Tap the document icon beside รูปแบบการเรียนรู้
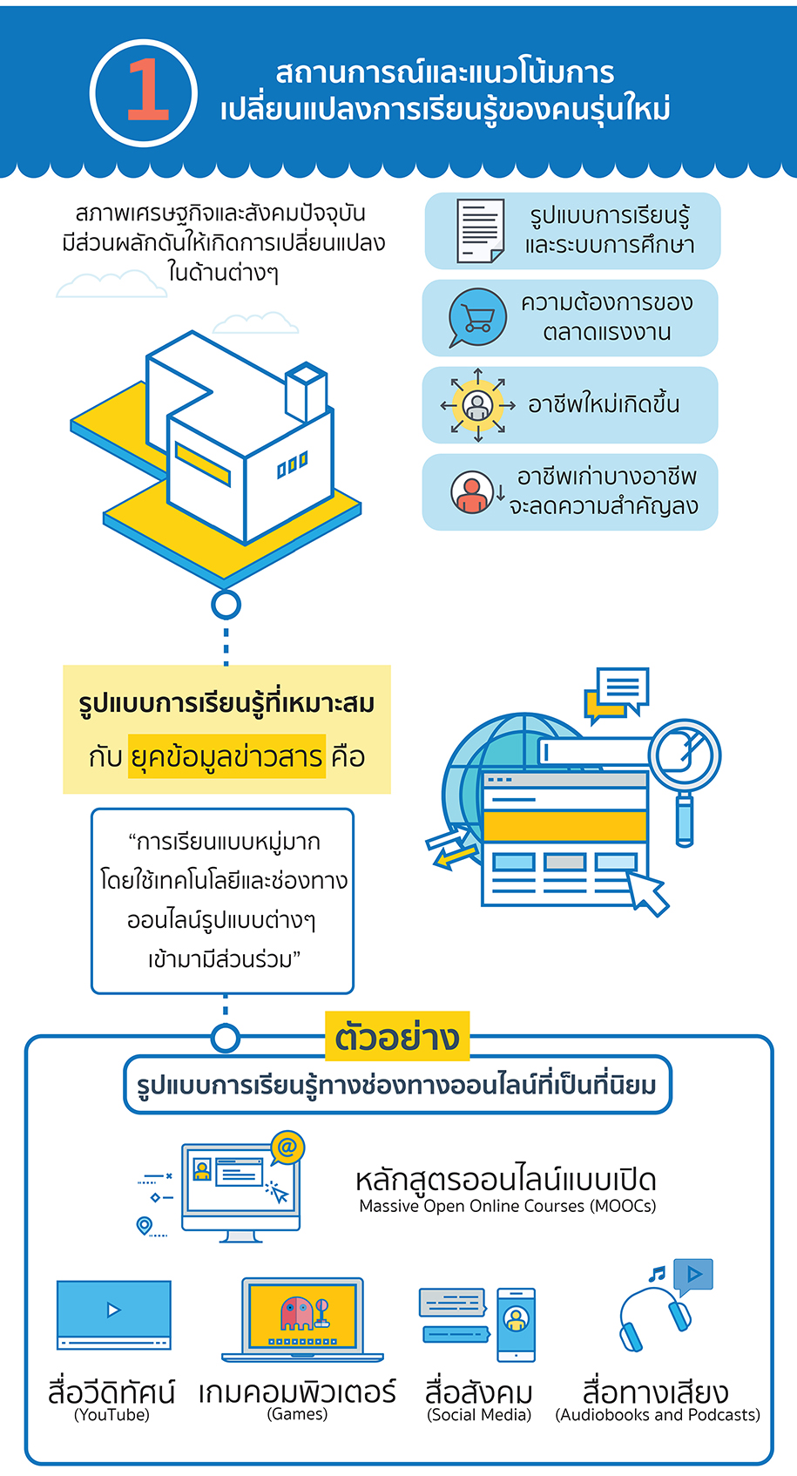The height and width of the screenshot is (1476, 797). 480,231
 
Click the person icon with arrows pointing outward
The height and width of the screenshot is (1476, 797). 477,405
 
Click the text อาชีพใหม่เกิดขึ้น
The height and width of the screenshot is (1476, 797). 604,405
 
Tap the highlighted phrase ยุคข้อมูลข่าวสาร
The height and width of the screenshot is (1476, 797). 226,756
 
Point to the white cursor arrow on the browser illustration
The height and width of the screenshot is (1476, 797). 647,890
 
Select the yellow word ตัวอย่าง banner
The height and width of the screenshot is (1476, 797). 397,1036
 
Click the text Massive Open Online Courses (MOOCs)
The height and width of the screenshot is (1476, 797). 507,1207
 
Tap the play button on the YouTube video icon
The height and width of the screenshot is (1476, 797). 113,1310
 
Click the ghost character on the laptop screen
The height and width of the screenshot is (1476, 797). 296,1312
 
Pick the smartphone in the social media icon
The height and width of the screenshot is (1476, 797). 516,1324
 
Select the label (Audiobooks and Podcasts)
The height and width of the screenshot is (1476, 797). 658,1415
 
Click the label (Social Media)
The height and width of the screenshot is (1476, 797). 479,1415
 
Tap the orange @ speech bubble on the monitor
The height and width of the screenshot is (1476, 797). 287,1148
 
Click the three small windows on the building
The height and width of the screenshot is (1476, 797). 292,465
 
